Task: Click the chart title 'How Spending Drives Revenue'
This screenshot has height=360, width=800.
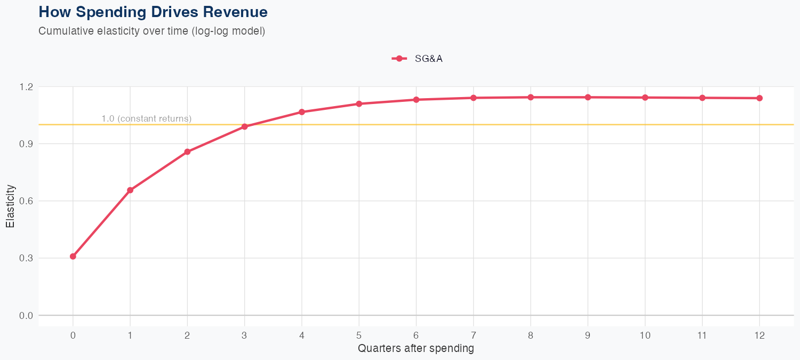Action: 153,12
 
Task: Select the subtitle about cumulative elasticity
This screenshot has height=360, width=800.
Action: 151,31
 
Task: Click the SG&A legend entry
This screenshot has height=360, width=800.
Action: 418,59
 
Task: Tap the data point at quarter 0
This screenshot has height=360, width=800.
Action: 73,257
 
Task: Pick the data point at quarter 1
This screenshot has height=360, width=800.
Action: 130,190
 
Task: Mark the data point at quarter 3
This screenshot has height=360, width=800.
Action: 245,126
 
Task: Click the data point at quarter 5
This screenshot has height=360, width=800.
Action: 359,104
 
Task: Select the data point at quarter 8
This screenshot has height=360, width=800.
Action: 531,97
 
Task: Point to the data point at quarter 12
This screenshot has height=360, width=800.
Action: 759,98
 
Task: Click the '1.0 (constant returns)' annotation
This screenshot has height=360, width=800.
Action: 146,118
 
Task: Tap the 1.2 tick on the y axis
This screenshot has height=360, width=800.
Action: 26,86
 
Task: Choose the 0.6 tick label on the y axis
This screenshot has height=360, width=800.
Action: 26,201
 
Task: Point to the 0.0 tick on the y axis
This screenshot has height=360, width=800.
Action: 26,315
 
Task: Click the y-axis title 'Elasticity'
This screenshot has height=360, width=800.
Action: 10,206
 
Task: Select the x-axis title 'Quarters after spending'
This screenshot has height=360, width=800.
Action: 415,349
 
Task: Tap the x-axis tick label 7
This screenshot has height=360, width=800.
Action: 474,335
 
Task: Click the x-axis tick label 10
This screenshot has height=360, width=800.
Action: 645,335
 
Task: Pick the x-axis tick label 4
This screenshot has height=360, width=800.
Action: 302,335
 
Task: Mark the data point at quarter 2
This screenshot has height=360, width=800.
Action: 187,152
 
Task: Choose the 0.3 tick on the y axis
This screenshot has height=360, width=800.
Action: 26,258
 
